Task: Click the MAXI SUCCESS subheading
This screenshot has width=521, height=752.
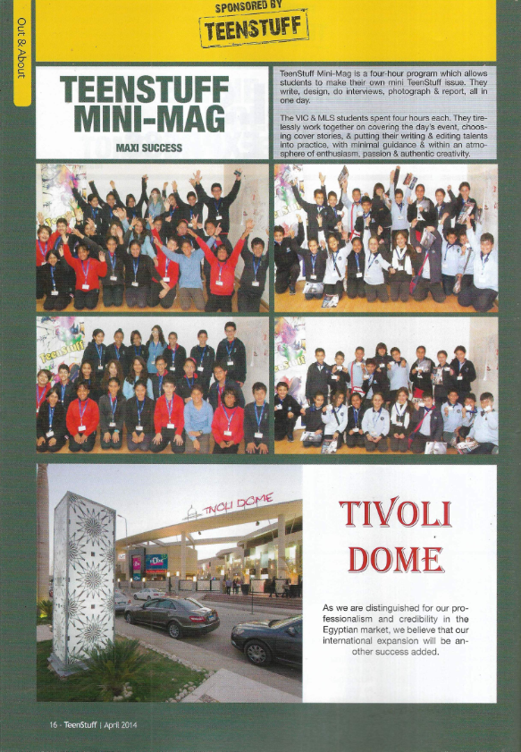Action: [x=149, y=148]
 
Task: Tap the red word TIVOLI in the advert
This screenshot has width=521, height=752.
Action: [x=395, y=513]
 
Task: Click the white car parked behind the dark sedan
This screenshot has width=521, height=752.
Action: [x=148, y=594]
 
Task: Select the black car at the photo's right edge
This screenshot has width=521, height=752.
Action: [x=267, y=638]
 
